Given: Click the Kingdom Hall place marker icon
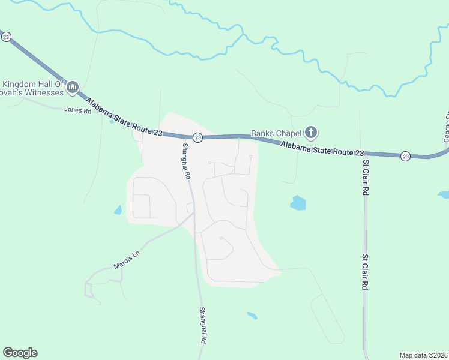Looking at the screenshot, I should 73,88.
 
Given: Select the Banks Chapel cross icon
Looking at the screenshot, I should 310,131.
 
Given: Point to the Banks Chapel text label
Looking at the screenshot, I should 276,133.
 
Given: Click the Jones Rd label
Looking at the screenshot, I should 78,110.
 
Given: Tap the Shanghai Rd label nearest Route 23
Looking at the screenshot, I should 186,162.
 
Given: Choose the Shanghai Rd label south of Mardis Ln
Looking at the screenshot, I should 203,325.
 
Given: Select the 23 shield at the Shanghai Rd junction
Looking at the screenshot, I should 198,137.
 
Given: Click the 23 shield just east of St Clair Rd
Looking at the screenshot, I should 406,155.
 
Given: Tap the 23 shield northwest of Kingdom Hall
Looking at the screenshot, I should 6,37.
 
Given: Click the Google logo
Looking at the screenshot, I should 20,353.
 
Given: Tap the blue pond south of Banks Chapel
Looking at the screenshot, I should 298,203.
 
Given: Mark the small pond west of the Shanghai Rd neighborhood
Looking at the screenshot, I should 118,210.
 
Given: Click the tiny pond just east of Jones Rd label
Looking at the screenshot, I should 112,121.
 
